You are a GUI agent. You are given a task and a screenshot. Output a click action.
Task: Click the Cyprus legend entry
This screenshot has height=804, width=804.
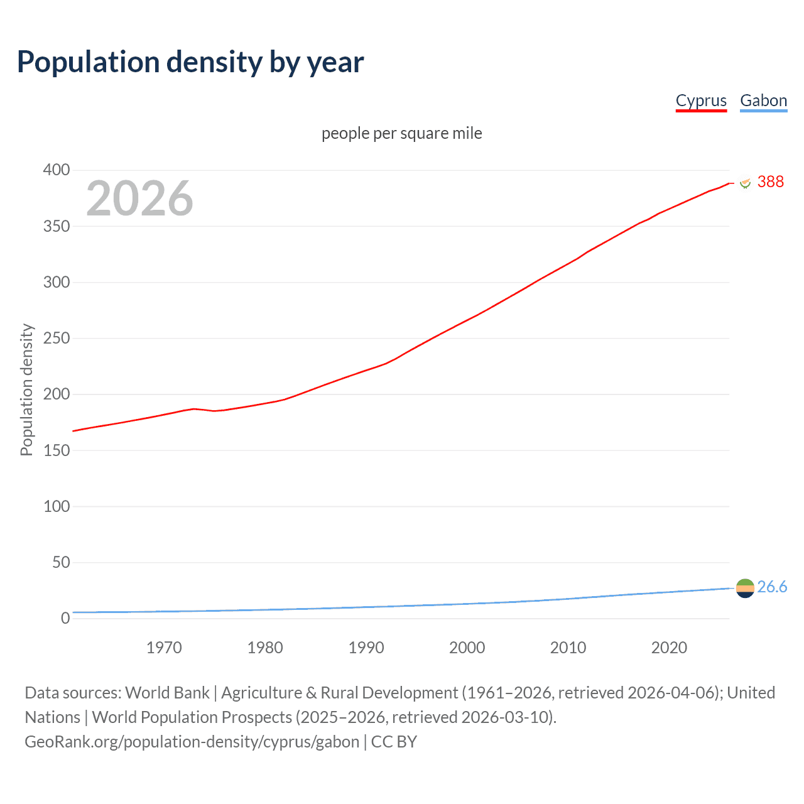[701, 100]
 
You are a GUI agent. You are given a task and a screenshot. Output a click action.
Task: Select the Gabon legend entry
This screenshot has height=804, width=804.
[763, 100]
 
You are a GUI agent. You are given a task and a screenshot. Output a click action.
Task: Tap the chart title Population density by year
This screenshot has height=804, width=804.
[190, 62]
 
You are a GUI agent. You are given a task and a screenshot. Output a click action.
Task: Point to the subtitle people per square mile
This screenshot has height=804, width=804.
[402, 133]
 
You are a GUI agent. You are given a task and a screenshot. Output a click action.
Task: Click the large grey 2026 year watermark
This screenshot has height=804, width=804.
[139, 198]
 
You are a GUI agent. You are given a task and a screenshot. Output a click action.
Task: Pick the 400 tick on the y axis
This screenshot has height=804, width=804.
[57, 170]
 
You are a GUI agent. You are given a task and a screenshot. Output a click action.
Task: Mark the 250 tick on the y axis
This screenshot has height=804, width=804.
[57, 339]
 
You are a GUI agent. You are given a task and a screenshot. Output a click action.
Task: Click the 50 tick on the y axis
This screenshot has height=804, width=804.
[61, 562]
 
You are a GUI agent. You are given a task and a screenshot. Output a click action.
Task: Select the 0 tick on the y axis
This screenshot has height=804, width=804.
[65, 618]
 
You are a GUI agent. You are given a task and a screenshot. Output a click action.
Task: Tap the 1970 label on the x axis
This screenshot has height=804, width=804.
[164, 648]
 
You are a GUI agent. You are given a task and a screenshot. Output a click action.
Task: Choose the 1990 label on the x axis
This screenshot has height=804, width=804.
[366, 648]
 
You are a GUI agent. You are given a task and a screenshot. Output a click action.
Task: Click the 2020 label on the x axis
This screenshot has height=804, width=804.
[669, 648]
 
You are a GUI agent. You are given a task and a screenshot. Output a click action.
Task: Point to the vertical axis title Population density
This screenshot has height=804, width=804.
[26, 389]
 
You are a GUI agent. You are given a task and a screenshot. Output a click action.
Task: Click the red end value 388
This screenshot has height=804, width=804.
[771, 182]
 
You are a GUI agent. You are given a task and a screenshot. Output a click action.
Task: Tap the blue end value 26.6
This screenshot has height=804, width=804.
[772, 587]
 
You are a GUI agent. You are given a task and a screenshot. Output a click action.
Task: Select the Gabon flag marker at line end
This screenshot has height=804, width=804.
[745, 588]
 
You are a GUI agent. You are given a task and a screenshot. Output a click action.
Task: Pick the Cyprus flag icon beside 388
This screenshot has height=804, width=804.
[746, 182]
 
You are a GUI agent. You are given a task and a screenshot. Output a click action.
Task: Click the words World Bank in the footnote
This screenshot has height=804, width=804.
[167, 693]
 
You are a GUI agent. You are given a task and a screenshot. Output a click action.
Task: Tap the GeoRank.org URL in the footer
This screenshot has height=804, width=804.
[192, 742]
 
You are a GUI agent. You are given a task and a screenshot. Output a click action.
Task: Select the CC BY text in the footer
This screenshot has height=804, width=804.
[394, 742]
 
